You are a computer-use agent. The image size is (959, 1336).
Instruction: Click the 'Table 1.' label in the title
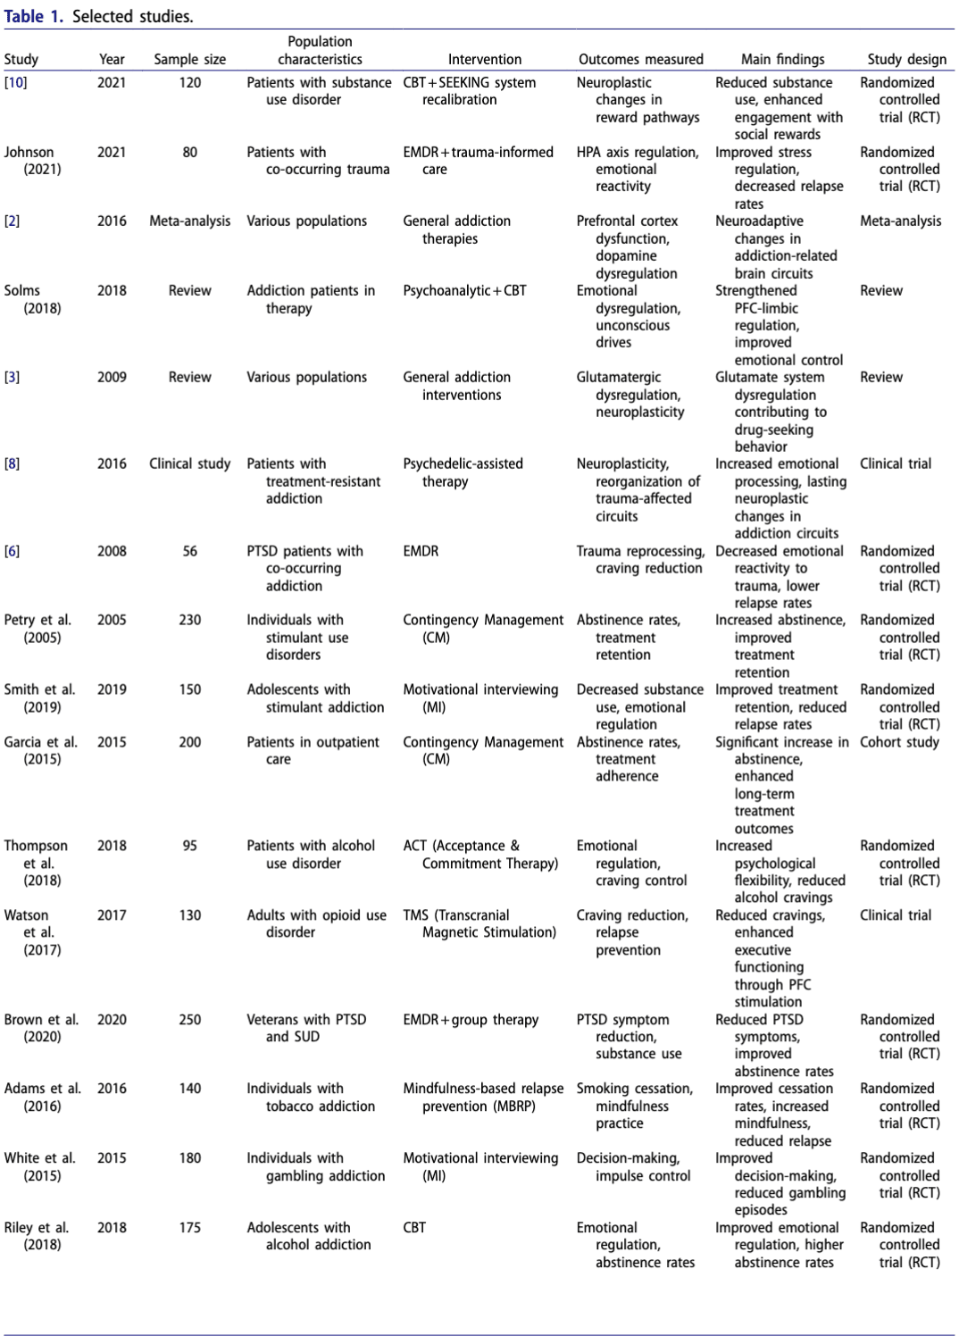[x=33, y=16]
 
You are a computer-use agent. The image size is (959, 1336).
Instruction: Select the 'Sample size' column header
[x=189, y=60]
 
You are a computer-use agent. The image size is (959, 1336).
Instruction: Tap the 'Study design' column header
[x=906, y=60]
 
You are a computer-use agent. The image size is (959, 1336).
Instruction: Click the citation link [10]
[x=16, y=83]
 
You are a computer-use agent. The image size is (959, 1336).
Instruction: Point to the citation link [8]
[x=12, y=464]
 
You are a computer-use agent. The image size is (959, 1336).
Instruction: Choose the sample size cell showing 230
[x=189, y=621]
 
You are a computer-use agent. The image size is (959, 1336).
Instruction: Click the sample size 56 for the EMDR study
[x=189, y=552]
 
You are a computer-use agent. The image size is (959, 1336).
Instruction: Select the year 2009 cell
[x=112, y=378]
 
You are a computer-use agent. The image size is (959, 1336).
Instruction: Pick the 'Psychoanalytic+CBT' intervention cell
[x=464, y=291]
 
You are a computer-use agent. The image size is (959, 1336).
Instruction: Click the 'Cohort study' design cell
[x=899, y=742]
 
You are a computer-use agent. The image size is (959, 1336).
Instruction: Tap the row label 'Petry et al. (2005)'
[x=38, y=629]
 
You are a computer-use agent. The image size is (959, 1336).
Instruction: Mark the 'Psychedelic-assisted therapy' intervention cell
[x=463, y=472]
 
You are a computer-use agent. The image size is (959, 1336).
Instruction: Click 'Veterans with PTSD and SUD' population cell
[x=306, y=1028]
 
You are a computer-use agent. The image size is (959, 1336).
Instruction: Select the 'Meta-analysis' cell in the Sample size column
[x=189, y=221]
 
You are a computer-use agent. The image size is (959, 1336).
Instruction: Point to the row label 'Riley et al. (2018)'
[x=37, y=1236]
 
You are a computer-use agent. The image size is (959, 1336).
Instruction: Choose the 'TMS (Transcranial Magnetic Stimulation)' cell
[x=479, y=923]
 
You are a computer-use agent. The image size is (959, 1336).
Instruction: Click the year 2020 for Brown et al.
[x=112, y=1020]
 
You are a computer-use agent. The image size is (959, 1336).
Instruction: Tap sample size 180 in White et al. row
[x=189, y=1158]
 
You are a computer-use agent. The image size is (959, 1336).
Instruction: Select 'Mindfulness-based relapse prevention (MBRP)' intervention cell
[x=483, y=1097]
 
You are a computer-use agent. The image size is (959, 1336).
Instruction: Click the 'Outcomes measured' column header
[x=640, y=60]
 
